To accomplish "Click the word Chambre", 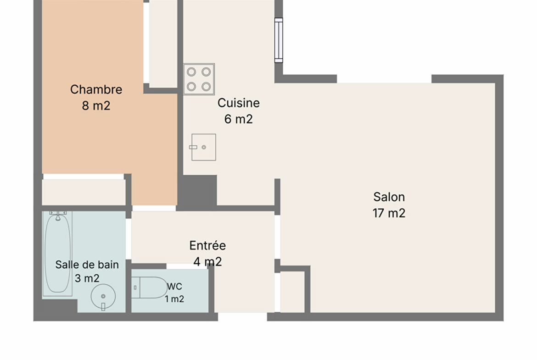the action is (x=96, y=89).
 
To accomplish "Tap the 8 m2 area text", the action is (x=96, y=105).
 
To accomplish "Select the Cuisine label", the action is (x=239, y=103).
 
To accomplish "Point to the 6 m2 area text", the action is (x=239, y=119).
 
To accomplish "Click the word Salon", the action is (x=389, y=197).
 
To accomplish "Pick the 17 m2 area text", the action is (x=389, y=213).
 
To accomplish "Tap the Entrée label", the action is (x=207, y=245).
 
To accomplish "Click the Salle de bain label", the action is (x=87, y=265).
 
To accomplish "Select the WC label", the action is (x=175, y=287).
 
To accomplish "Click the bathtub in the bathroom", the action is (x=57, y=254).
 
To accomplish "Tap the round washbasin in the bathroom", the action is (x=103, y=296).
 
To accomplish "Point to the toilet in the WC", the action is (x=150, y=288).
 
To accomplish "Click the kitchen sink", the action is (x=203, y=147).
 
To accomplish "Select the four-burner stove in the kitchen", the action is (x=199, y=79).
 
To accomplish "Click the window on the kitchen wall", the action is (x=279, y=40).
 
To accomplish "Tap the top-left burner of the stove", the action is (x=191, y=72).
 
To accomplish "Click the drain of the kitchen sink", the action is (x=204, y=147).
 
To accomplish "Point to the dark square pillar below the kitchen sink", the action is (x=197, y=192).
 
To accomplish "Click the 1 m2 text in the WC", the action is (x=175, y=299).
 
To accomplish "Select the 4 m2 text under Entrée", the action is (x=207, y=261).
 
